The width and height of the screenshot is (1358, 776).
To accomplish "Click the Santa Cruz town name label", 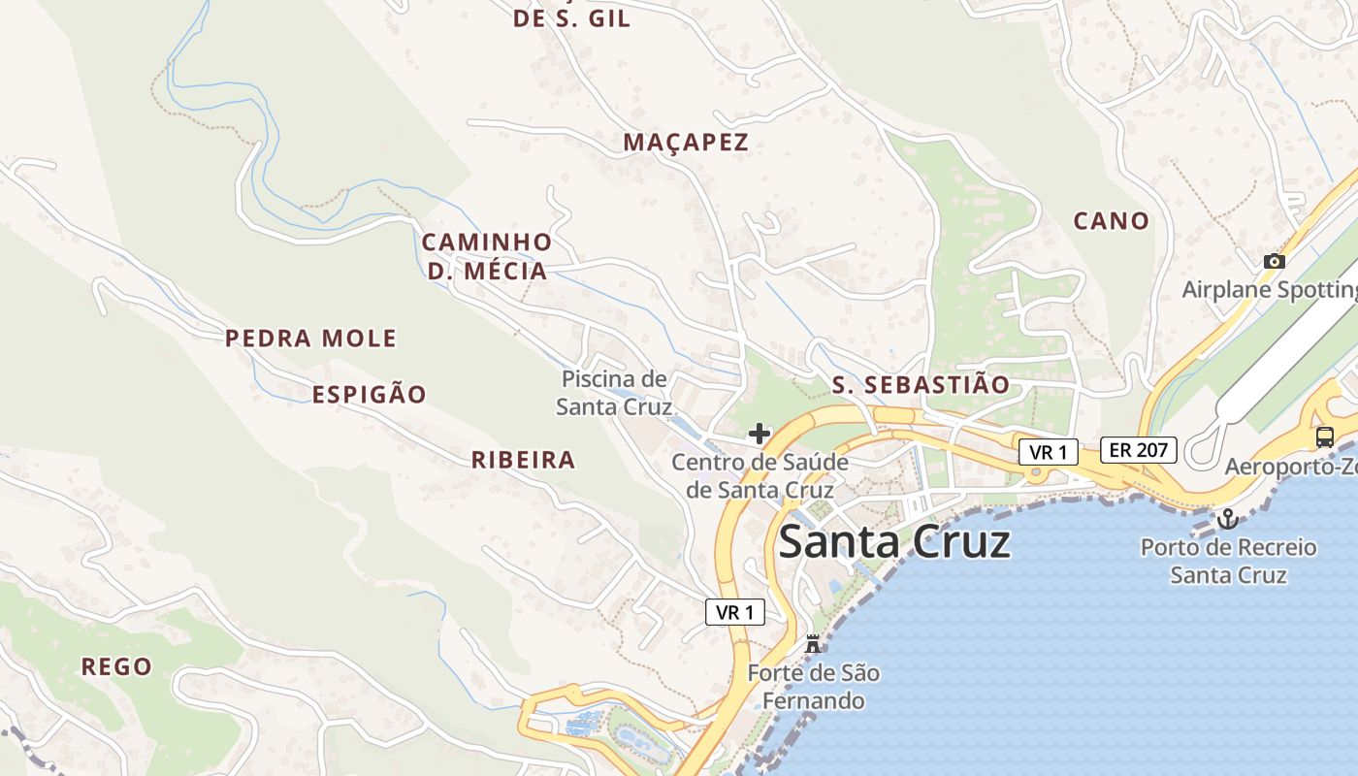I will point(894,541).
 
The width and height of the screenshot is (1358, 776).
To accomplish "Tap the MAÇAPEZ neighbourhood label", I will point(686,143).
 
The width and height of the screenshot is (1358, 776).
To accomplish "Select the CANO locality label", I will point(1111,221).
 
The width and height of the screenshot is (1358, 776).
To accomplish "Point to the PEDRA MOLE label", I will point(310,339).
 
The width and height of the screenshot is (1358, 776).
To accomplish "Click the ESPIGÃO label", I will point(369,395).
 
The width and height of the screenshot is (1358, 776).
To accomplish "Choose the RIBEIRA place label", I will point(524,460).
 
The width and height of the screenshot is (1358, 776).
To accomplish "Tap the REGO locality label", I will point(116,667).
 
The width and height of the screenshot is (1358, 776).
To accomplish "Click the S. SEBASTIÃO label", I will point(921,385).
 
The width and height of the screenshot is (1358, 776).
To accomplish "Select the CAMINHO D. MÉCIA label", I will point(487,256).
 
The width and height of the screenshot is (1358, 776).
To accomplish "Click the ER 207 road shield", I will point(1139,450).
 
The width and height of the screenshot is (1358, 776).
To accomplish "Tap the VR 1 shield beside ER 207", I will point(1049,452).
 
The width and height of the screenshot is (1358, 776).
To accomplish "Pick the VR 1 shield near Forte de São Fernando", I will point(734,612).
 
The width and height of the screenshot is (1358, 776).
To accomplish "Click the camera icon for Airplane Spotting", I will point(1275,261).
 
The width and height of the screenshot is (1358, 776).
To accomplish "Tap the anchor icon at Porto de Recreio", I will point(1228,519).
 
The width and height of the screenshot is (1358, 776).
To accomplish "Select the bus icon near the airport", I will point(1325,436).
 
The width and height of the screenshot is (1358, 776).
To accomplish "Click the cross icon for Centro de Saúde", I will point(760,434).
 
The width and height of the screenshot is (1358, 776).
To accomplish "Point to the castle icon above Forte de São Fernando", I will point(813,643).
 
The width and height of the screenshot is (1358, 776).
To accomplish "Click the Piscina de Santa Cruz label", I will point(614,393).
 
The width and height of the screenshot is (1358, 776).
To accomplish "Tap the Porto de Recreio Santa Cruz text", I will point(1228,561).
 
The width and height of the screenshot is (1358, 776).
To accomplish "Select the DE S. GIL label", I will point(571,18).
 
